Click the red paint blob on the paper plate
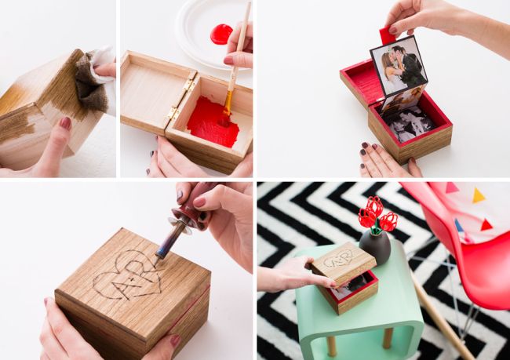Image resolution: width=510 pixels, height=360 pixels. tap(221, 34)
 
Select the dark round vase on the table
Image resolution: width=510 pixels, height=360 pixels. tap(375, 246)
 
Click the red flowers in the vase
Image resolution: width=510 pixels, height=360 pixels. tap(377, 215)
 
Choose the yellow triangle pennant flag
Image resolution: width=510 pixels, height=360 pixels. tap(479, 195)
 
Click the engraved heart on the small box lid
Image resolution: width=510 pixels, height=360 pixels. tap(341, 259)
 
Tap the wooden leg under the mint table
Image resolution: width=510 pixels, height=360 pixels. tap(388, 338)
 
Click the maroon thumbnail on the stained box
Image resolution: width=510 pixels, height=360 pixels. tap(66, 123)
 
